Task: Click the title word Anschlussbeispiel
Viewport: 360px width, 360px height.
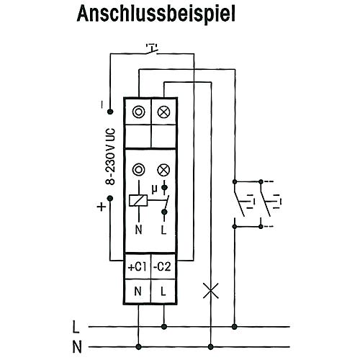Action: pos(156,14)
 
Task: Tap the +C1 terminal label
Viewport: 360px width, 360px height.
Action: pos(138,267)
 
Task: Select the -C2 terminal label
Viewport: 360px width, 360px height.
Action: pos(163,266)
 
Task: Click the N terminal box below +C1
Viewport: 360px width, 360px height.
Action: pos(138,292)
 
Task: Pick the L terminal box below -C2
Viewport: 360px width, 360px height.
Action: pos(163,292)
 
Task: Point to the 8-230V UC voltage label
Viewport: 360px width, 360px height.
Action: pos(111,156)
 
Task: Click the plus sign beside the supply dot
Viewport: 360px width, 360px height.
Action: pos(102,207)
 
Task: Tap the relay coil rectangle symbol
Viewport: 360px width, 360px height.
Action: pos(138,200)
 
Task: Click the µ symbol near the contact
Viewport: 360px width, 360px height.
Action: pos(155,189)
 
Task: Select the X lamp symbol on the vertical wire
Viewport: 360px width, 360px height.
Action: pos(211,291)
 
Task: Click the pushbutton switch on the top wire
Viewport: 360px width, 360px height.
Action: pos(152,49)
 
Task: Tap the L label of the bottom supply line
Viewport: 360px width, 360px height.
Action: pos(76,327)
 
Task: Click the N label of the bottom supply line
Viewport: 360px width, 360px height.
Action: pos(77,347)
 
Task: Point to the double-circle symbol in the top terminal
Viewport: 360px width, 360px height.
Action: pos(139,112)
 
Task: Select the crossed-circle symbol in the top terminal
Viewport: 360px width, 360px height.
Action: pos(163,112)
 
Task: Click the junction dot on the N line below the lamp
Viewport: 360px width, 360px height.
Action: pos(210,346)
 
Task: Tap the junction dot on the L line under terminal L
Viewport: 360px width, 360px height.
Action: pos(164,327)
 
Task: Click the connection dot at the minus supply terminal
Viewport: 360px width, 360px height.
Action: pos(110,112)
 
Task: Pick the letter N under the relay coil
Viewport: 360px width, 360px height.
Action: pos(138,230)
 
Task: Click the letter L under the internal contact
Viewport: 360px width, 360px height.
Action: pos(163,230)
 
